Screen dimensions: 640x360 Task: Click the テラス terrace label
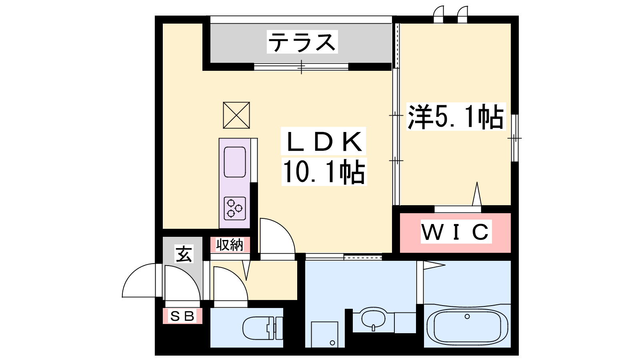click(302, 42)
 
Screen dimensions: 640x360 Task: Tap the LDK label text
click(324, 142)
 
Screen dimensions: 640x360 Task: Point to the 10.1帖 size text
click(324, 172)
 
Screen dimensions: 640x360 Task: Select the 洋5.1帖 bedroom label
click(456, 117)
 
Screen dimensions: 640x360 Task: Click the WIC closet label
click(456, 232)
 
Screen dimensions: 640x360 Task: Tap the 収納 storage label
click(230, 245)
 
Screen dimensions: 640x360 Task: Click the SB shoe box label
click(182, 316)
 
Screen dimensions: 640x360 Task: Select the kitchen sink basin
click(235, 162)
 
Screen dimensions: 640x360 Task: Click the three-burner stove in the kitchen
click(235, 208)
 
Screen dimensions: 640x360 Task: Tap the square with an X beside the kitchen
click(236, 115)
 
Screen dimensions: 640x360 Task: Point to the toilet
click(262, 328)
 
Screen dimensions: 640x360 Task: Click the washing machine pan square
click(324, 334)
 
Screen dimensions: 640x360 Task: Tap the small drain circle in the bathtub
click(467, 316)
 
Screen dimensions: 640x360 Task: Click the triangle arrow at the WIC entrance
click(476, 194)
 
